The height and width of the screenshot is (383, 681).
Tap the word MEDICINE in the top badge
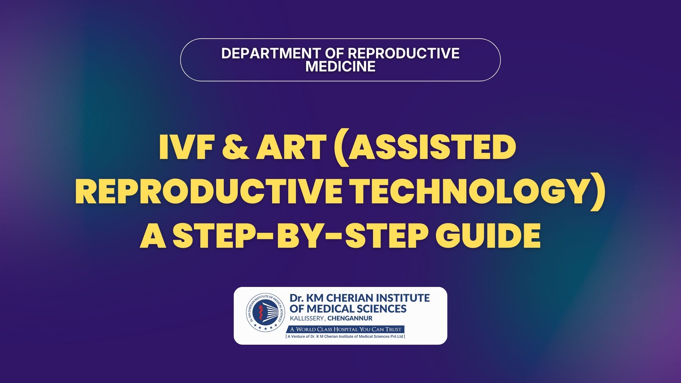point(340,67)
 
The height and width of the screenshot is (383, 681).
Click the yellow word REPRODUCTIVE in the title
point(209,191)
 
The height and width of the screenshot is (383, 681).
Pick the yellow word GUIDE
point(488,236)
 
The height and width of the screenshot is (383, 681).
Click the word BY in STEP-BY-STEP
point(307,236)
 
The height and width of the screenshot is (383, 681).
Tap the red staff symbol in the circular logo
point(260,314)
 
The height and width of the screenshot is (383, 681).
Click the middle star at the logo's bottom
point(265,329)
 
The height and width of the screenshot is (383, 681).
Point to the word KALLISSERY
point(307,319)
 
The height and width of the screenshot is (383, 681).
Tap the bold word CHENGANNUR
point(350,319)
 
